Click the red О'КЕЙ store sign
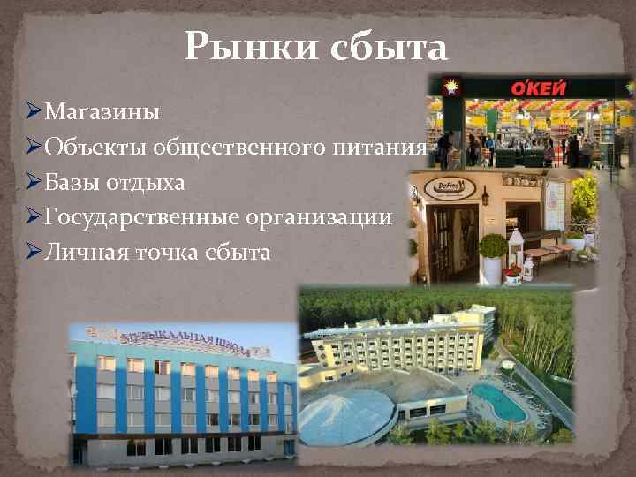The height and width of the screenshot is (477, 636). pos(535,88)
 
